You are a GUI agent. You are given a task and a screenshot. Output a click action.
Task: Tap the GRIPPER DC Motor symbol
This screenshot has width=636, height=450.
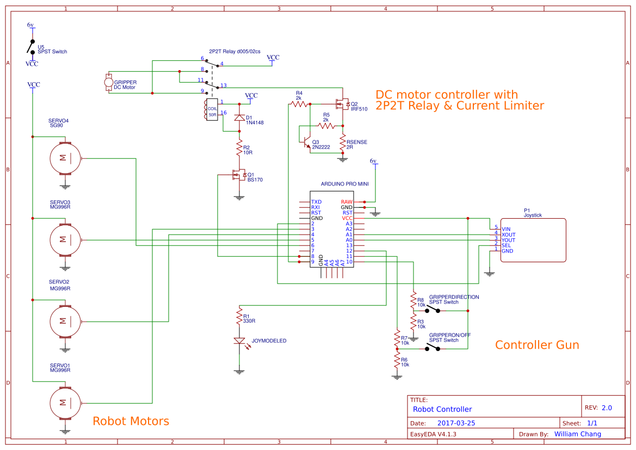[108, 83]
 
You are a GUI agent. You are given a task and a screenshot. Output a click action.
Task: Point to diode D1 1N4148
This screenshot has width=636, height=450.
[238, 118]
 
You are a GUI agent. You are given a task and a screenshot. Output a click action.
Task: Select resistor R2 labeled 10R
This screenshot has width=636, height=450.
[238, 147]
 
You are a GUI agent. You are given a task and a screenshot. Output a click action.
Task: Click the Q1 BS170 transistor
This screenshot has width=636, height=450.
[237, 175]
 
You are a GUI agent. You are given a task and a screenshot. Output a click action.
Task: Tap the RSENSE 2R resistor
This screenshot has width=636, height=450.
[342, 144]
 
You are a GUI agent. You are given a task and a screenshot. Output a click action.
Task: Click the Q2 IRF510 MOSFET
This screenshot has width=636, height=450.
[342, 103]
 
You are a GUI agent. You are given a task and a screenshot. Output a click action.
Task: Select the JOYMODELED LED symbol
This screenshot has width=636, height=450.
[239, 341]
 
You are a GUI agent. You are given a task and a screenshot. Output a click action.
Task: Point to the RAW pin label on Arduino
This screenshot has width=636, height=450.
[347, 202]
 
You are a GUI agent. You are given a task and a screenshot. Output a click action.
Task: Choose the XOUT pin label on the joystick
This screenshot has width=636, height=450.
[508, 235]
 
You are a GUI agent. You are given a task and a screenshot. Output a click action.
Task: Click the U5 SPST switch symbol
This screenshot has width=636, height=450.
[32, 47]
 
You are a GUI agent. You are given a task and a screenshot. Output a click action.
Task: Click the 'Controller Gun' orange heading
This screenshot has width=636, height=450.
[536, 345]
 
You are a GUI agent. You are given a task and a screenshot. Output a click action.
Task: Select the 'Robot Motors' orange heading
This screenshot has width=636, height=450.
[131, 421]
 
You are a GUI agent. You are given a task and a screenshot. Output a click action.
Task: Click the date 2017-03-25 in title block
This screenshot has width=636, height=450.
[460, 423]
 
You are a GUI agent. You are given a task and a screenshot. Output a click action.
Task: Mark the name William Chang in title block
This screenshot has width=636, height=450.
[577, 434]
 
